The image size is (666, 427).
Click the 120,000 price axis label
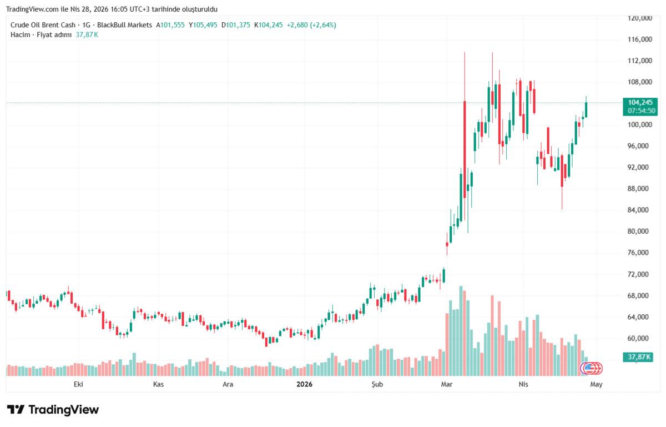coord(639,18)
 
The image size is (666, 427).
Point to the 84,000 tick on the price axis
coord(639,210)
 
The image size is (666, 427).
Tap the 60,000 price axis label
coord(639,338)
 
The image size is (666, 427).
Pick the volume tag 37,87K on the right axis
coord(639,356)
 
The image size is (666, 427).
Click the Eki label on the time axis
coord(78,384)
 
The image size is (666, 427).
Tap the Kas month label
coord(158,384)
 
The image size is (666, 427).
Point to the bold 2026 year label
coord(304,384)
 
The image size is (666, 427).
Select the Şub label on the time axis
coord(377,384)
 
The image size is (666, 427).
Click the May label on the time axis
coord(596,384)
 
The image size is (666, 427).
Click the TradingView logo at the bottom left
coord(53,410)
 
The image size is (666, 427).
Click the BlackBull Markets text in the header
coord(124,25)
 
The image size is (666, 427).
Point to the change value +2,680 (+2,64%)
coord(311,25)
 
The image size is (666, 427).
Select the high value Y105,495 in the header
coord(203,25)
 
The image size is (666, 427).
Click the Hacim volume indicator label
coord(20,34)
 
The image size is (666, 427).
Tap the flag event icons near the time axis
coord(591,368)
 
